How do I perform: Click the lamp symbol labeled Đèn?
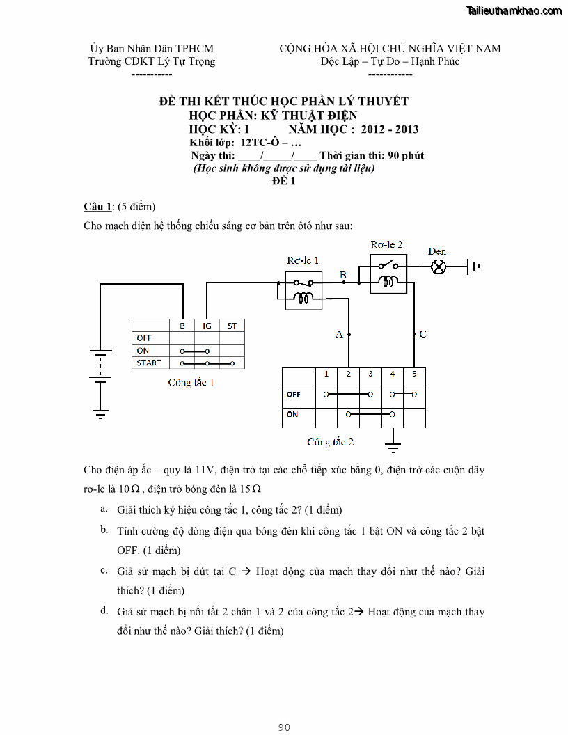click(439, 267)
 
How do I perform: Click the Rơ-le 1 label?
click(303, 260)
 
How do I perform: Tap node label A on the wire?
click(339, 334)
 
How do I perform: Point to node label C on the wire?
click(423, 334)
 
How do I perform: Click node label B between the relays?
click(342, 276)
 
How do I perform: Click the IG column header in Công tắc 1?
click(207, 326)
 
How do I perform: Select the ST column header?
click(232, 326)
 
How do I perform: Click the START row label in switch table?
click(149, 363)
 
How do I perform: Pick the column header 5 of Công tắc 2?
click(414, 374)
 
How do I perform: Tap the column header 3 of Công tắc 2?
click(370, 374)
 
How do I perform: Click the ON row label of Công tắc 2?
click(292, 414)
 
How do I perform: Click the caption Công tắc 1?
click(191, 383)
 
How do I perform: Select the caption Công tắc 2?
click(331, 442)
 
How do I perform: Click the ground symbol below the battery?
click(101, 414)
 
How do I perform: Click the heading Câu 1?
click(97, 207)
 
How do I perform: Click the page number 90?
click(284, 727)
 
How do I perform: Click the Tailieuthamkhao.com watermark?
click(514, 10)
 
